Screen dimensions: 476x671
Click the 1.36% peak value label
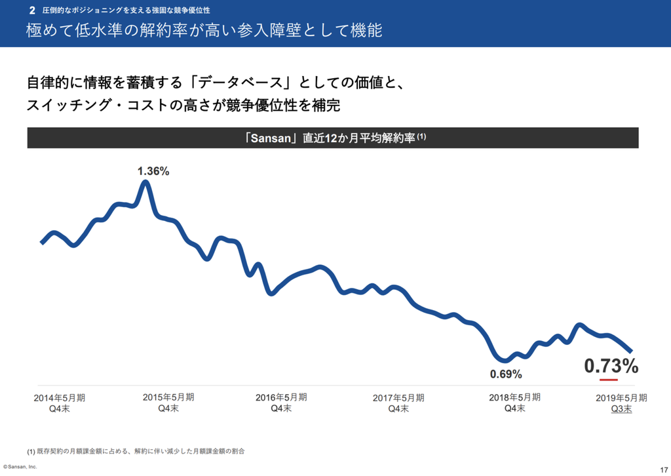coord(153,171)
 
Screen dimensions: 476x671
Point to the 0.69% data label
coord(506,374)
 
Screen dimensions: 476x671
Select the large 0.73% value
coord(611,366)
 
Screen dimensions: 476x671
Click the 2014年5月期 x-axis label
coord(59,397)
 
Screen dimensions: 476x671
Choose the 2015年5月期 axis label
coord(168,397)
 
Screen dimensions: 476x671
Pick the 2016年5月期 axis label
coord(280,397)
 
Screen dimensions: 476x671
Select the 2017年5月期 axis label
coord(398,397)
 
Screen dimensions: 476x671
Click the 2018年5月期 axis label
coord(514,397)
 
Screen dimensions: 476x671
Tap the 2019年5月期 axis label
coord(621,397)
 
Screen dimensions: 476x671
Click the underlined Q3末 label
coord(621,408)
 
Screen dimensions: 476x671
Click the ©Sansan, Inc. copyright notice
coord(20,467)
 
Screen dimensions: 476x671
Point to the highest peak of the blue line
coord(145,182)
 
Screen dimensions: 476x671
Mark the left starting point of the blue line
coord(42,243)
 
